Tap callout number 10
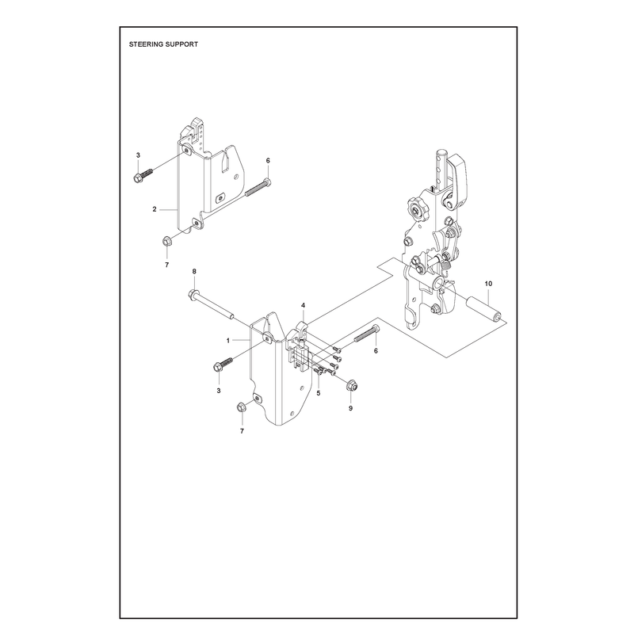tap(488, 284)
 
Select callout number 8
tap(194, 271)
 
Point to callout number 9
tap(350, 408)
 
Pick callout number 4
tap(304, 305)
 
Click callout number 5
tap(319, 393)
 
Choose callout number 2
tap(155, 209)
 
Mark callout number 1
tap(228, 341)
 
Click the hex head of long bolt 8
tap(193, 295)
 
